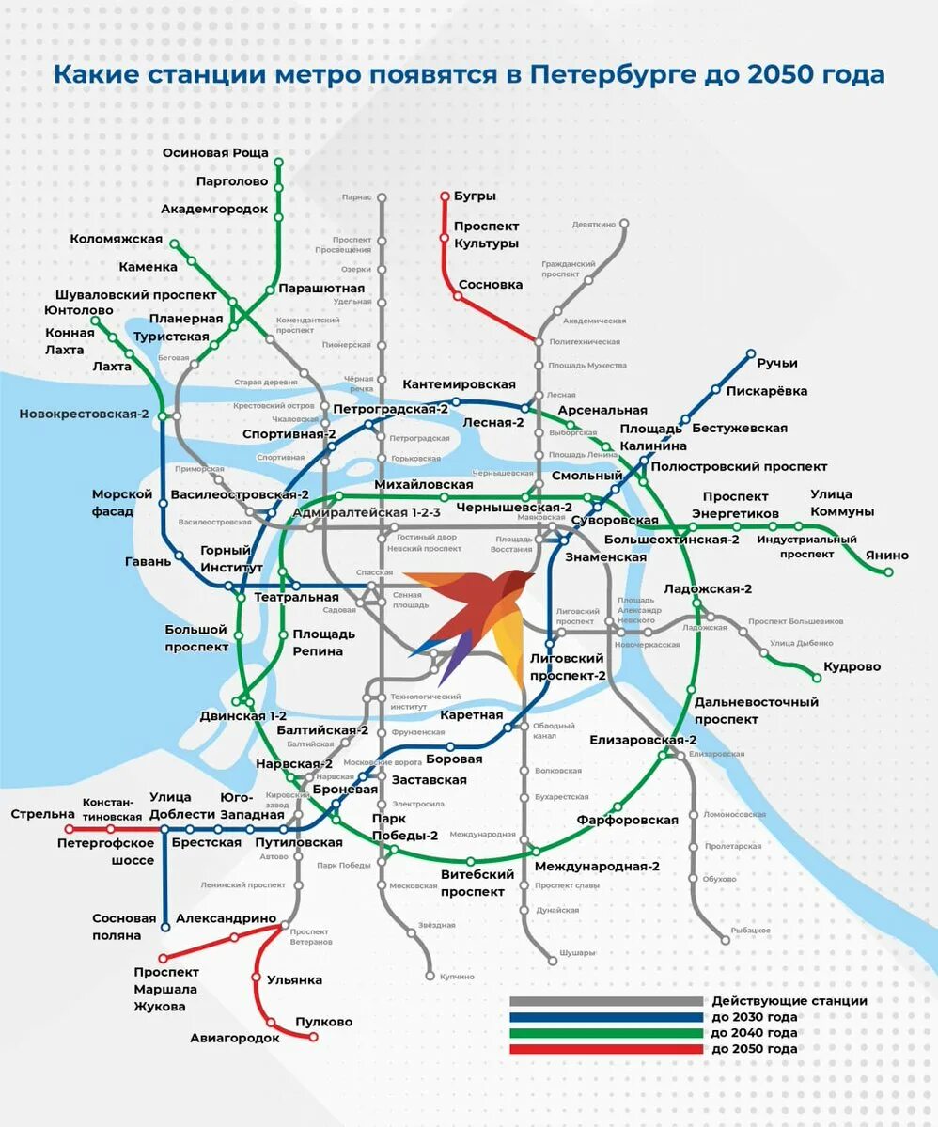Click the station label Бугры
coord(474,196)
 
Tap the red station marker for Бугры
coord(446,196)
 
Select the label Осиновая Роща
coord(215,152)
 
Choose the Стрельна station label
coord(42,813)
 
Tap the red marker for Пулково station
coord(314,1037)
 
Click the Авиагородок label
coord(234,1038)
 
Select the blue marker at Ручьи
coord(751,354)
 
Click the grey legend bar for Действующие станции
coord(606,1001)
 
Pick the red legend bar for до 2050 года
coord(606,1049)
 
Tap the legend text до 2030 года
coord(755,1017)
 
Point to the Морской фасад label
coord(121,503)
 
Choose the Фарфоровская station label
coord(628,820)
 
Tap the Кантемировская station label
coord(459,384)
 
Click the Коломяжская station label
coord(116,239)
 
